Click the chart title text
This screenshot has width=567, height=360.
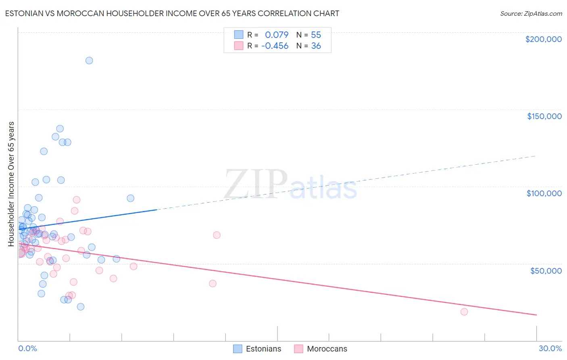click(172, 13)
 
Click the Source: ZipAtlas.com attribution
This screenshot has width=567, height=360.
click(531, 13)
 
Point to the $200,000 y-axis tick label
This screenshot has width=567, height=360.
click(543, 39)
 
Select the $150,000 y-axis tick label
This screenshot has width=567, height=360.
click(544, 116)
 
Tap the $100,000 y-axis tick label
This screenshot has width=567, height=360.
click(544, 193)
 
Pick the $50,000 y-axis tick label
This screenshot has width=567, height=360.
click(546, 270)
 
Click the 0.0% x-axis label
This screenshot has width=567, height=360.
click(27, 348)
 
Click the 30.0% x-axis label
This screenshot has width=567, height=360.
click(550, 348)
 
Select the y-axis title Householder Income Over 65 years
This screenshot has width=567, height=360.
click(11, 184)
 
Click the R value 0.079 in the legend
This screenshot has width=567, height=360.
click(277, 35)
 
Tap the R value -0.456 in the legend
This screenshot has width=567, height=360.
click(275, 46)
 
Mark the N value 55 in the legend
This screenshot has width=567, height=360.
click(316, 35)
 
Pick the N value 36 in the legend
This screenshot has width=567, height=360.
click(316, 46)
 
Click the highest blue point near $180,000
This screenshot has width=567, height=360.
click(89, 61)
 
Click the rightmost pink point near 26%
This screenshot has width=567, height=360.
click(464, 312)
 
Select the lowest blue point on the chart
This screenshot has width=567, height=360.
click(81, 307)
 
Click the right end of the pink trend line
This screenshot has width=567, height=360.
click(536, 315)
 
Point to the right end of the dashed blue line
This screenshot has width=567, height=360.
click(536, 155)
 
